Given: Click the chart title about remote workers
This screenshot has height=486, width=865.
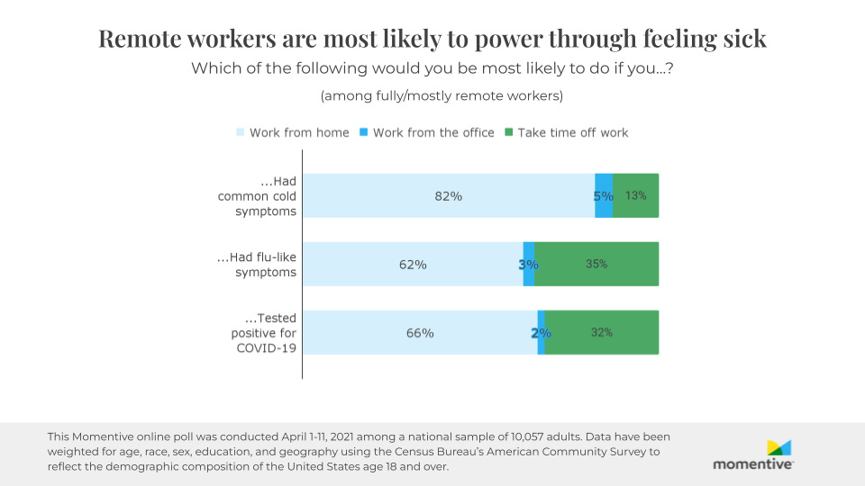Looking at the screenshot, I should pyautogui.click(x=432, y=39).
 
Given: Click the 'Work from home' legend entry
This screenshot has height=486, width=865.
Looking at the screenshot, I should pyautogui.click(x=293, y=132).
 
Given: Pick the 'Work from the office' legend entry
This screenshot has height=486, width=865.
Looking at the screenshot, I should pyautogui.click(x=427, y=132).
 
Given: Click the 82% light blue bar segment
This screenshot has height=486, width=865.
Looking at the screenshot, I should pyautogui.click(x=448, y=195).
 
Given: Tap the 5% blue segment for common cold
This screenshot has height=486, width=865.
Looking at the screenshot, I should pyautogui.click(x=604, y=195).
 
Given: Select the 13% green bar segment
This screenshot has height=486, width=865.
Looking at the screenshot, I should pyautogui.click(x=635, y=195).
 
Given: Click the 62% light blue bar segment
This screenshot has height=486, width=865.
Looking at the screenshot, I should pyautogui.click(x=413, y=264).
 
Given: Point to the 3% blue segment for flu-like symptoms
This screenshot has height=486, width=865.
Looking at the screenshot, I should pyautogui.click(x=529, y=264).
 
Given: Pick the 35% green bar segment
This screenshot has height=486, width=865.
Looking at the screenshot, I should pyautogui.click(x=596, y=264).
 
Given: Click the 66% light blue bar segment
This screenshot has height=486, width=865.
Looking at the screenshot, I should pyautogui.click(x=420, y=332).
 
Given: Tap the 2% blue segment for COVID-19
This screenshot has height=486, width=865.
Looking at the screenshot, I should pyautogui.click(x=541, y=332).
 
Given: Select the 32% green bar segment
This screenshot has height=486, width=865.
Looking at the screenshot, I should pyautogui.click(x=602, y=332).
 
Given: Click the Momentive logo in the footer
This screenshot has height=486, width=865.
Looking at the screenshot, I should pyautogui.click(x=753, y=454).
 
